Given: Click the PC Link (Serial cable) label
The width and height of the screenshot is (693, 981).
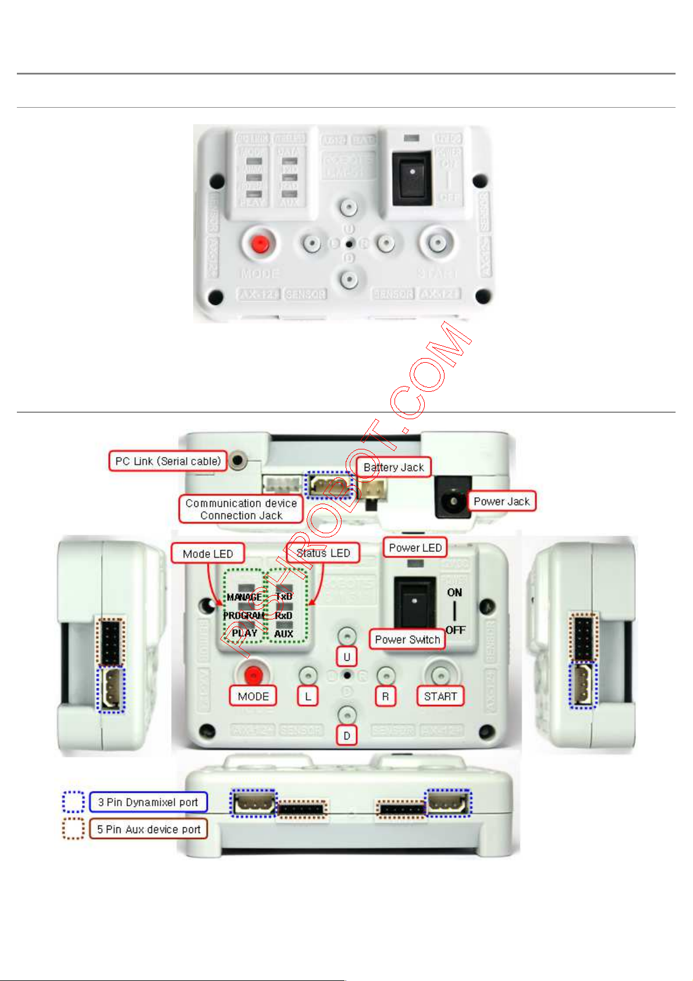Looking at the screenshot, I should click(x=168, y=461).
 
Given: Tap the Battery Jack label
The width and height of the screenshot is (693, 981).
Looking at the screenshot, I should click(x=393, y=467).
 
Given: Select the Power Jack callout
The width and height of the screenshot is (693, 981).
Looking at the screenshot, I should click(x=501, y=501).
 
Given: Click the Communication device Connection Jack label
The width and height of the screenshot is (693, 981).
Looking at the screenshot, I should click(x=241, y=509).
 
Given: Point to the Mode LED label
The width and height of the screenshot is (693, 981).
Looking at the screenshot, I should click(x=207, y=554).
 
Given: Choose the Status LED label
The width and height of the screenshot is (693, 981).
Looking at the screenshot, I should click(x=323, y=553).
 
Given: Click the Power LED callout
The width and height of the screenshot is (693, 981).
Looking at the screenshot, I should click(x=415, y=548).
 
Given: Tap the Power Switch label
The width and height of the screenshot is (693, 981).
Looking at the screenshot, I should click(x=407, y=639).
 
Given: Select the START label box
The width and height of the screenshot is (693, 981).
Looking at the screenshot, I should click(x=440, y=696).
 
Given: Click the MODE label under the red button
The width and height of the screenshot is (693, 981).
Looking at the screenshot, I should click(x=253, y=696).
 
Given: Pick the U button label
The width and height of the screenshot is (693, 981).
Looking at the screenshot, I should click(x=347, y=657).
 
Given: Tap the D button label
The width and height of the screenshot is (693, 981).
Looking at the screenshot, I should click(x=347, y=736).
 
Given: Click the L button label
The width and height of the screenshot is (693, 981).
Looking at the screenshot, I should click(x=308, y=696).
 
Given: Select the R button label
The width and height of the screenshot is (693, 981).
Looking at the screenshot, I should click(x=385, y=696).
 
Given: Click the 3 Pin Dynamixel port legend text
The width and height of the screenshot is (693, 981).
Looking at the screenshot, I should click(x=148, y=802).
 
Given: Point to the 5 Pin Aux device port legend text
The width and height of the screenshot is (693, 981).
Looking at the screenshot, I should click(x=148, y=829).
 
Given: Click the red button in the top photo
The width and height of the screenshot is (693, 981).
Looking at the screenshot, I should click(x=259, y=243).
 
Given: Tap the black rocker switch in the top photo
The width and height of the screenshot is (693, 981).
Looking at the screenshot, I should click(x=412, y=179).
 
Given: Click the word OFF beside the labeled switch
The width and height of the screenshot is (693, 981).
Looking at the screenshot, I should click(x=456, y=630).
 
